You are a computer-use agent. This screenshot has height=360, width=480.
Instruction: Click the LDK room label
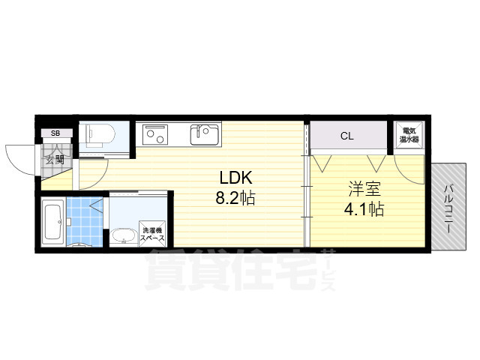(x=235, y=178)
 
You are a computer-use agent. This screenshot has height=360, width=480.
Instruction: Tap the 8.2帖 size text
(x=235, y=198)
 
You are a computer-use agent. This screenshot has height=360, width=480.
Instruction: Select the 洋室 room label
(x=364, y=189)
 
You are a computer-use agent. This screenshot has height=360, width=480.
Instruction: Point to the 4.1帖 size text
(x=364, y=209)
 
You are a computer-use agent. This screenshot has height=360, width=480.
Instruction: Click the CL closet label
(x=346, y=136)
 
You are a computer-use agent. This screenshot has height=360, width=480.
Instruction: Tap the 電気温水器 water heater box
(x=409, y=135)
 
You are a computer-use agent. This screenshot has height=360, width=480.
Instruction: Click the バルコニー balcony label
(x=448, y=208)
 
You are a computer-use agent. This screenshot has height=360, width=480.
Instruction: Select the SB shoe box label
(x=55, y=133)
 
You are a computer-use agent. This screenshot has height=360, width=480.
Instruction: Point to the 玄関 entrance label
(x=55, y=160)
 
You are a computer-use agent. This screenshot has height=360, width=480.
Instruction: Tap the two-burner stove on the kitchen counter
(x=154, y=135)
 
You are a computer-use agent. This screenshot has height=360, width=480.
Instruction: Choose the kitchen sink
(x=205, y=134)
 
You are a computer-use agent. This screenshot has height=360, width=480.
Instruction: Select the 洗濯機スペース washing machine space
(x=152, y=234)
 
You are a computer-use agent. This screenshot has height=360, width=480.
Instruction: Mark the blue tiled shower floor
(x=85, y=222)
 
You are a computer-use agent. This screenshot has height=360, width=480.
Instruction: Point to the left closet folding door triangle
(x=322, y=163)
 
